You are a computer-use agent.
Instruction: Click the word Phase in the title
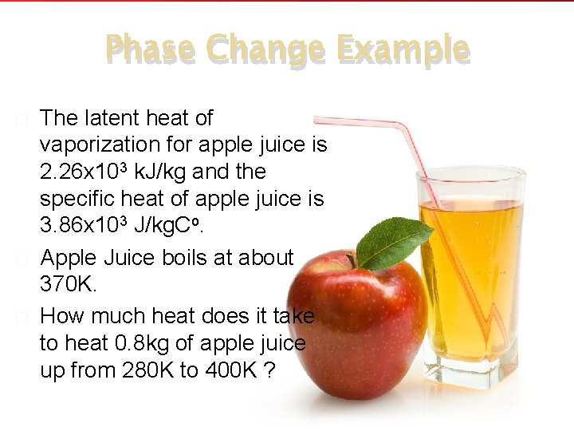(x=149, y=49)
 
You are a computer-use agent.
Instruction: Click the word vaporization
(x=106, y=145)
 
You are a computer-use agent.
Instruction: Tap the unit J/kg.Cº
(x=169, y=226)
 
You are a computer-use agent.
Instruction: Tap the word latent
(x=112, y=119)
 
